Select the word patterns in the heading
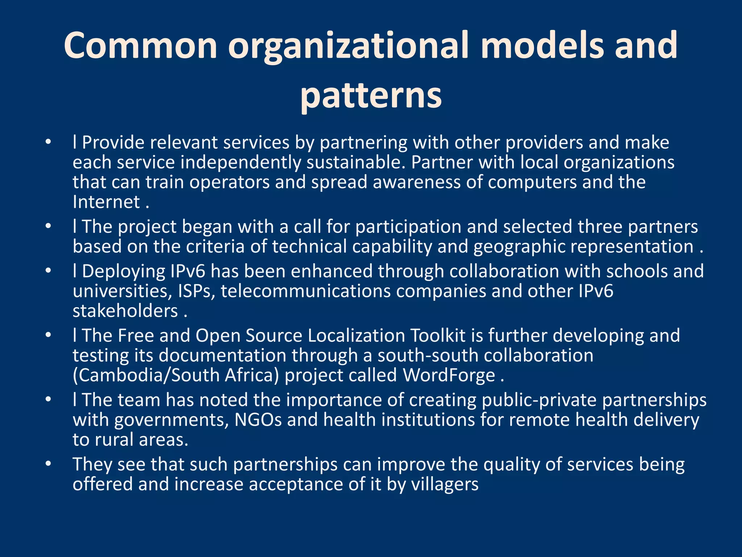pos(371,95)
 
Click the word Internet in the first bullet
pos(106,202)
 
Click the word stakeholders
pos(125,311)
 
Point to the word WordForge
pos(449,375)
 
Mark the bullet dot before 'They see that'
pos(49,464)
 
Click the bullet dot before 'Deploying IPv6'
pos(49,271)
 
